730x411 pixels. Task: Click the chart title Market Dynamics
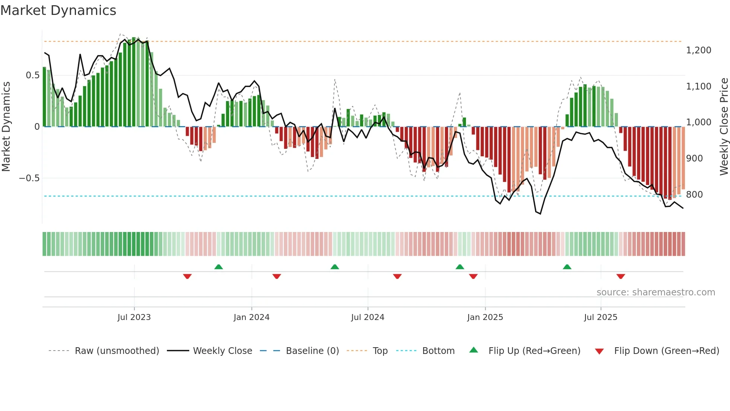58,10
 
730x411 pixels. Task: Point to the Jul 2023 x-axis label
134,317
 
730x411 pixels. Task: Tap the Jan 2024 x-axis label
251,317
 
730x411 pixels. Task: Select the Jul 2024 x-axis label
368,317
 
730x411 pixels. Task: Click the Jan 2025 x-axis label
485,317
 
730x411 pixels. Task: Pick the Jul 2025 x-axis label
600,317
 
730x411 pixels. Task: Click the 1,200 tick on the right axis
698,50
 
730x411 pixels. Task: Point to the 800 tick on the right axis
694,195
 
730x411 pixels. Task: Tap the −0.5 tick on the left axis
29,178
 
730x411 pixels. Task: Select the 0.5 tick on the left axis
32,75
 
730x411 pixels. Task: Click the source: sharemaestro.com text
656,292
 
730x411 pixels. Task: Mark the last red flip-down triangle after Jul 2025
620,276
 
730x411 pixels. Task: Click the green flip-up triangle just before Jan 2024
219,267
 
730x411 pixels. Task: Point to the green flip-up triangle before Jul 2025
567,267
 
